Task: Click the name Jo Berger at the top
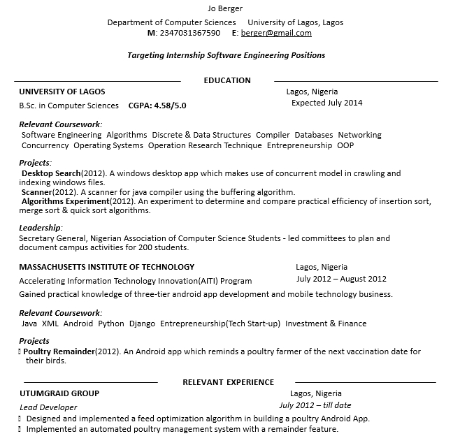click(225, 8)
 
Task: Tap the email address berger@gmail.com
click(276, 33)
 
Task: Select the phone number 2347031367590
click(189, 33)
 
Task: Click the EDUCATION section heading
click(227, 80)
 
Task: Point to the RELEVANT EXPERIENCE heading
click(228, 382)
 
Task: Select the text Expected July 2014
click(327, 103)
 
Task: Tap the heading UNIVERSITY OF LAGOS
click(62, 92)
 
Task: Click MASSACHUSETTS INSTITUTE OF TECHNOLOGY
click(107, 267)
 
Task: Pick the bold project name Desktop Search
click(52, 173)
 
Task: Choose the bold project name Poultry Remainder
click(59, 351)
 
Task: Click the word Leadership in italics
click(41, 228)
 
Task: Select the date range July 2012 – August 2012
click(341, 279)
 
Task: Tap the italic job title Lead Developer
click(48, 407)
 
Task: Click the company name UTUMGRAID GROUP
click(60, 393)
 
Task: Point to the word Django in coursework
click(142, 324)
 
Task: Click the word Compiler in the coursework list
click(273, 135)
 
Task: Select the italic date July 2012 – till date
click(315, 405)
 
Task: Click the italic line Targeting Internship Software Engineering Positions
click(227, 55)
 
